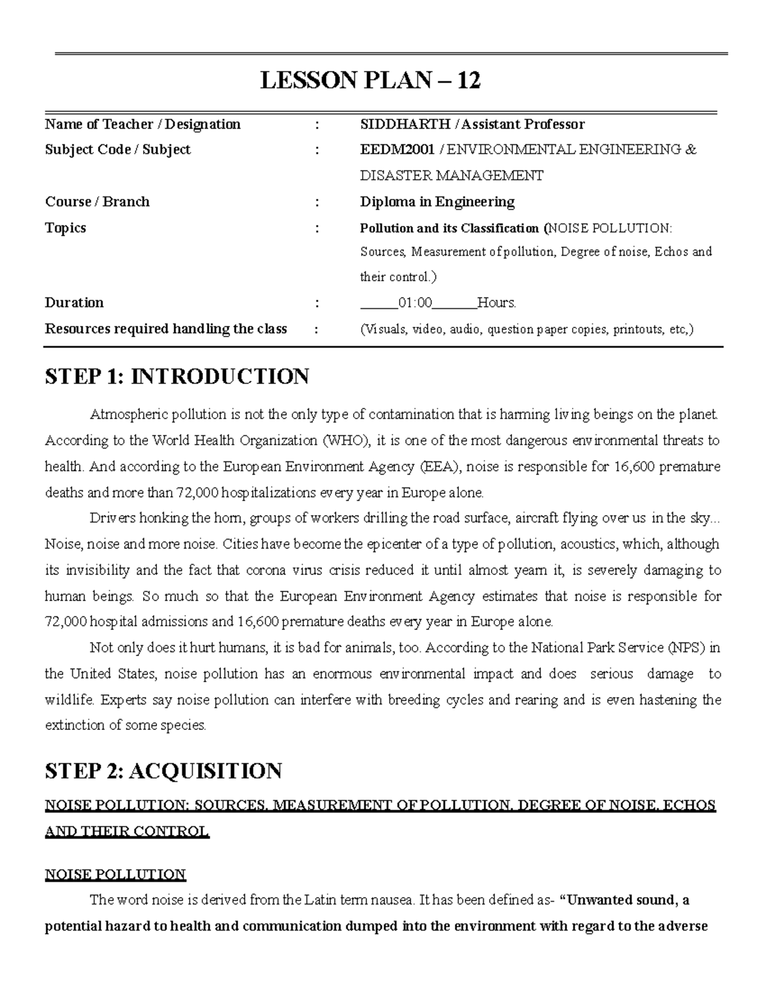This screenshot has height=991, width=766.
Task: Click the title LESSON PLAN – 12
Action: click(x=370, y=80)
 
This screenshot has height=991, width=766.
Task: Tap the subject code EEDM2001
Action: click(x=397, y=150)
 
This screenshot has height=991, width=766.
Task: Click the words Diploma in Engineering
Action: click(x=437, y=202)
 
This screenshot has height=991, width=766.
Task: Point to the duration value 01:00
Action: click(x=415, y=303)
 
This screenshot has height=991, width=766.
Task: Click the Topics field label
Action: click(x=65, y=228)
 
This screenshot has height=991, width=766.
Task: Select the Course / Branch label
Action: click(x=97, y=202)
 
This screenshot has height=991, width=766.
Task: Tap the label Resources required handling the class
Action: click(x=165, y=329)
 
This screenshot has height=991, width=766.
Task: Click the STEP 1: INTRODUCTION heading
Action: click(x=177, y=376)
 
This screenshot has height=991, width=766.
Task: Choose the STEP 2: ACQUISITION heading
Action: click(x=163, y=771)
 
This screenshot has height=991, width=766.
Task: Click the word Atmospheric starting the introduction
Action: click(x=125, y=415)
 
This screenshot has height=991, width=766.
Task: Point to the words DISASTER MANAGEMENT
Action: click(x=451, y=176)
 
